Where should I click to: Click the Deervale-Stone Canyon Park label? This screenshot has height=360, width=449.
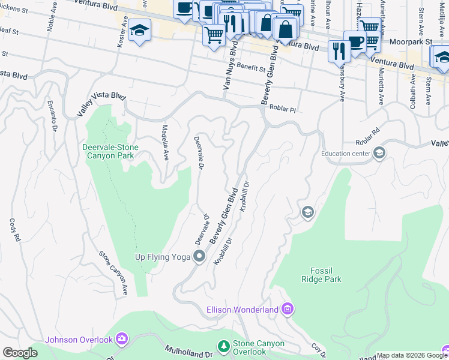point(110,151)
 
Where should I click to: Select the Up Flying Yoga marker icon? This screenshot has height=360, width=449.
point(200,257)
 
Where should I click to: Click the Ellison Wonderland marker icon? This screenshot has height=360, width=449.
point(287,309)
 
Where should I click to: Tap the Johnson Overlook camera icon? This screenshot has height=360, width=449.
point(122,340)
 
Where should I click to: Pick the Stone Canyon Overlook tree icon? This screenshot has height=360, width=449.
point(223,346)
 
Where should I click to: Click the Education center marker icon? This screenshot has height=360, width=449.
point(379,154)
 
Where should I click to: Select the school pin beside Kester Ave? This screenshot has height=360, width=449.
point(139,30)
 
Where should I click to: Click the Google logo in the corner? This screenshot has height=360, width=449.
point(20,353)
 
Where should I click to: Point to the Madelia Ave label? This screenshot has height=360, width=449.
point(164,143)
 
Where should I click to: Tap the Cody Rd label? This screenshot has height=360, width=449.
point(14,229)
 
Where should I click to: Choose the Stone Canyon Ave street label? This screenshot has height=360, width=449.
point(114,273)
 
